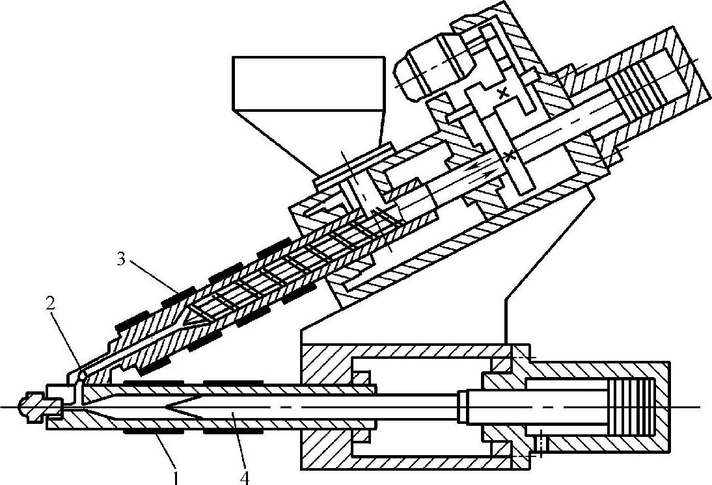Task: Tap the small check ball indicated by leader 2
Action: coord(81,375)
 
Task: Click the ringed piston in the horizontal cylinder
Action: coord(635,407)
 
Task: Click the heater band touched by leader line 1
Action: coord(154,431)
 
